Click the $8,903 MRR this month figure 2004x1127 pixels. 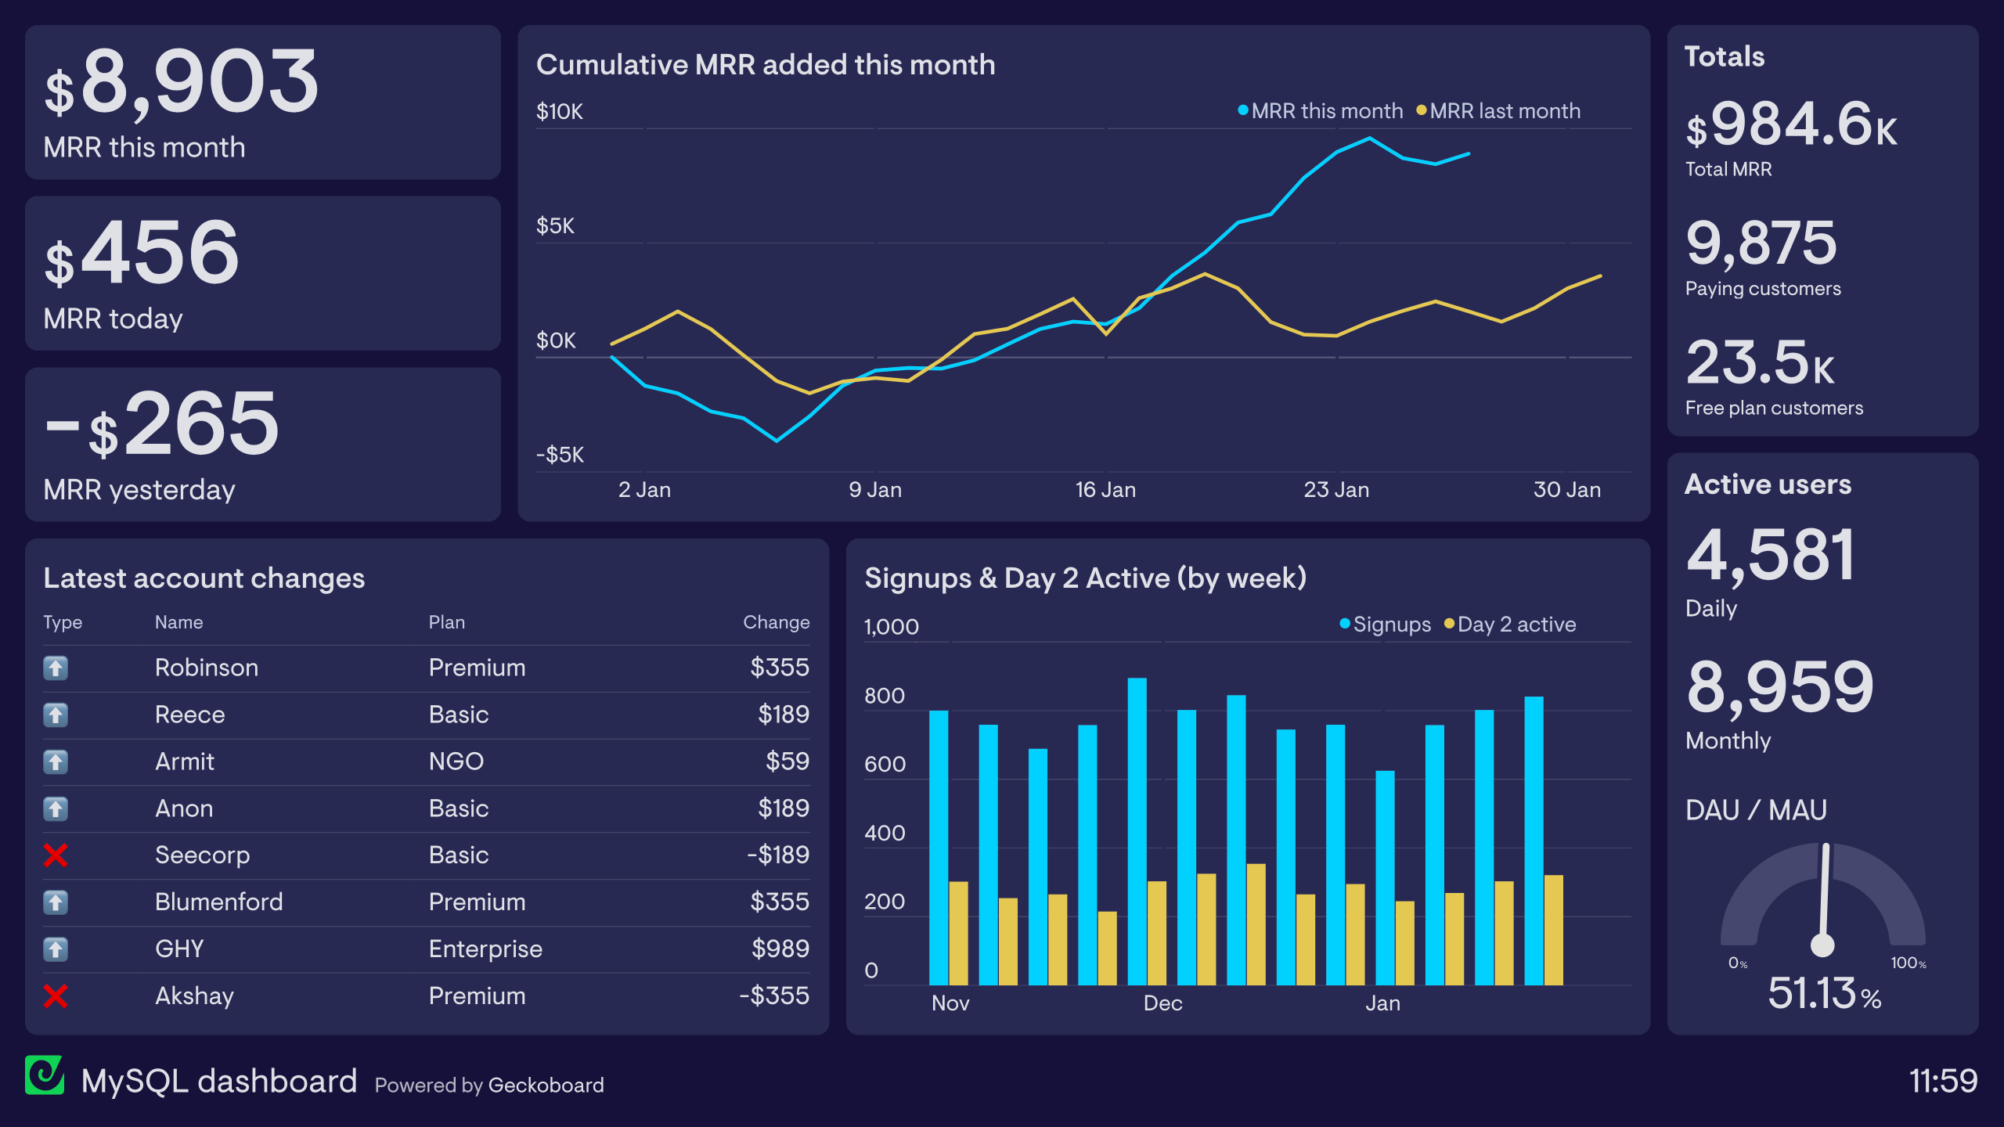[182, 83]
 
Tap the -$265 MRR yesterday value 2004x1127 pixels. [163, 424]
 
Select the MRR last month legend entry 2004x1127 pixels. [1498, 111]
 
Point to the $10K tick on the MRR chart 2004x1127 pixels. [559, 112]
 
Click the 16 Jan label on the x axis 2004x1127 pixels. [1105, 490]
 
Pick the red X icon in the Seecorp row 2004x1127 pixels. [56, 855]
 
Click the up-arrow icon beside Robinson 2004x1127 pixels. [56, 668]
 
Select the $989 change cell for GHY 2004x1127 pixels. [780, 949]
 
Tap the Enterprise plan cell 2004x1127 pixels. [485, 949]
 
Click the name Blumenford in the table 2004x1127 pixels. [218, 902]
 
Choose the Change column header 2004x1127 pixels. [776, 622]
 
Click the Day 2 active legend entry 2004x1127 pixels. [1510, 625]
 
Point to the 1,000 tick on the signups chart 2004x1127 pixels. [891, 627]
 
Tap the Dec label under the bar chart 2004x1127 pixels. [1162, 1003]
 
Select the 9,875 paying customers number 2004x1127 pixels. [1761, 243]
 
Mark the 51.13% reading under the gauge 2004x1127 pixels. [1824, 994]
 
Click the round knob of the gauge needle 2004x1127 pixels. [1822, 945]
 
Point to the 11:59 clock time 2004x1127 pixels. [1943, 1081]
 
